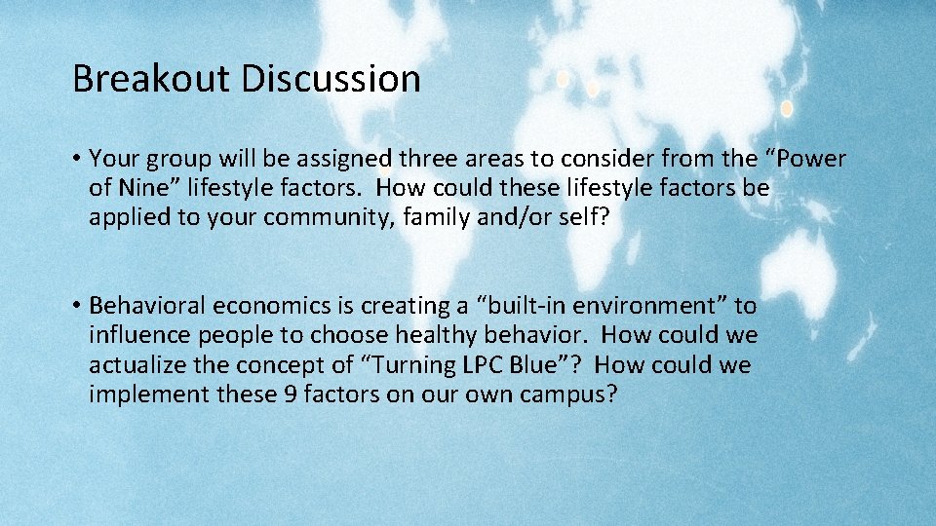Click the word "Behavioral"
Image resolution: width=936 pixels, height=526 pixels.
click(148, 307)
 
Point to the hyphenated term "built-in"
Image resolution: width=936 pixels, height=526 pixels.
click(516, 307)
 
